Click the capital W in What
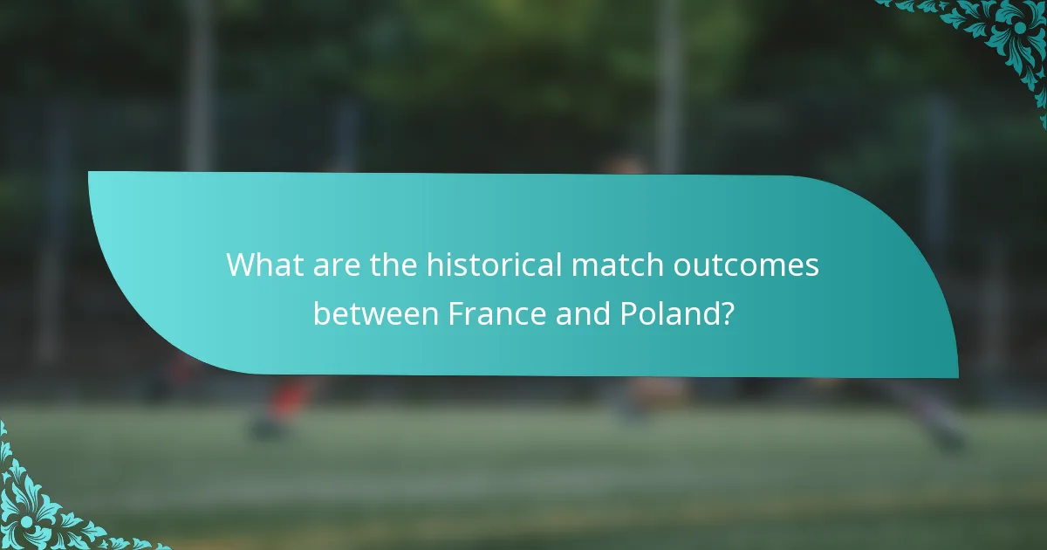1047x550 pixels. (239, 264)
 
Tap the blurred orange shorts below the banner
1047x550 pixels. (288, 397)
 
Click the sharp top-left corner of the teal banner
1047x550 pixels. (90, 173)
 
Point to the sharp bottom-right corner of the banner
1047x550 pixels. (956, 377)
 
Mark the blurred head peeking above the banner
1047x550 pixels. (624, 164)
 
